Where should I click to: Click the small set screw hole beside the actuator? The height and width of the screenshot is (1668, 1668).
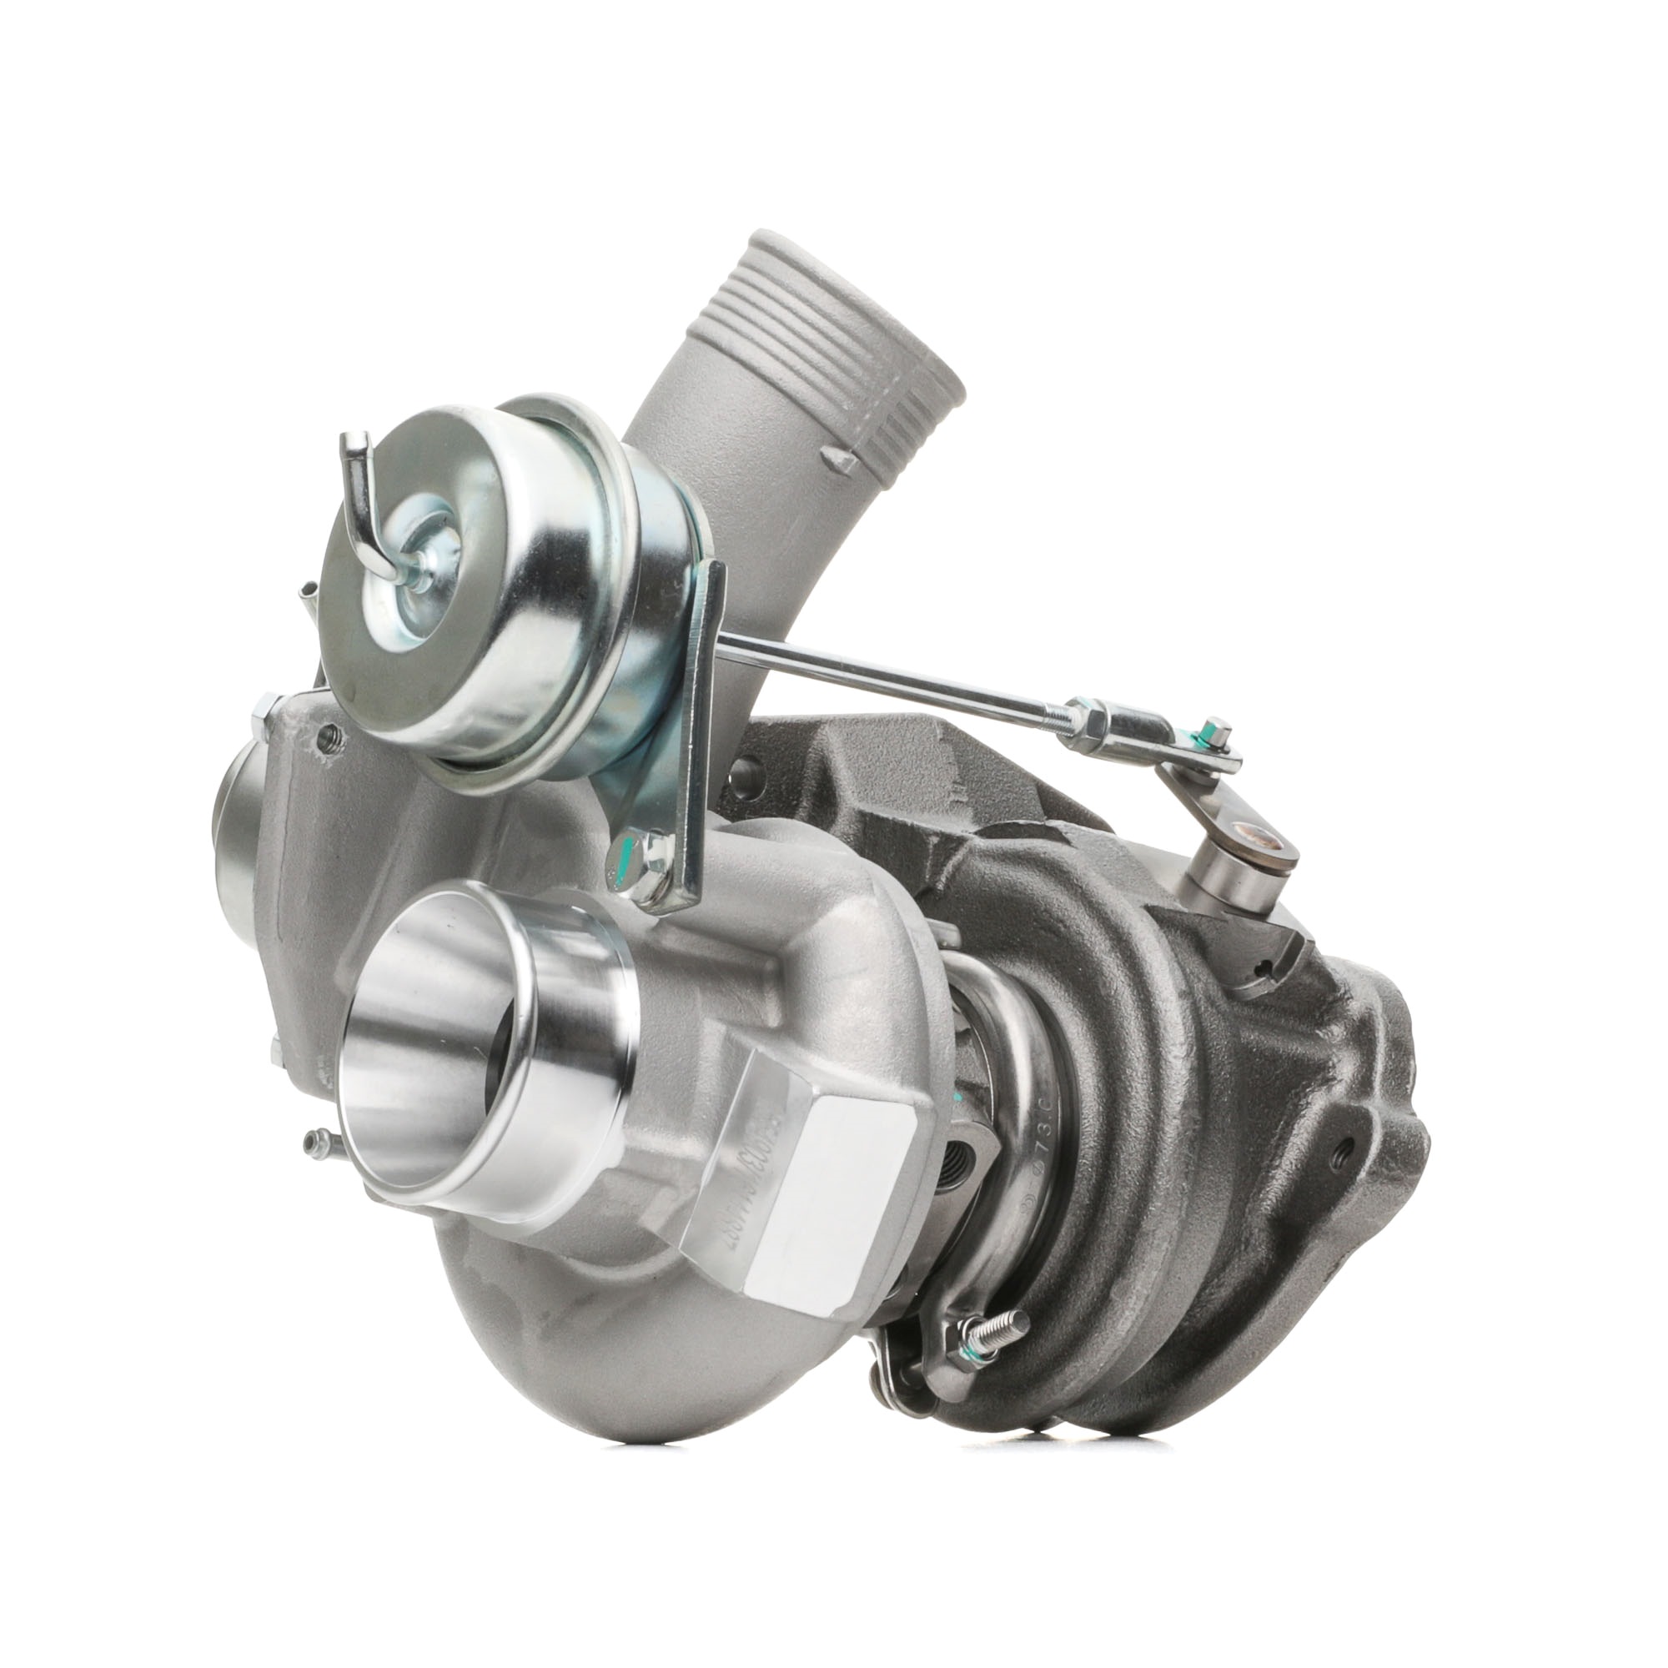326,735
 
